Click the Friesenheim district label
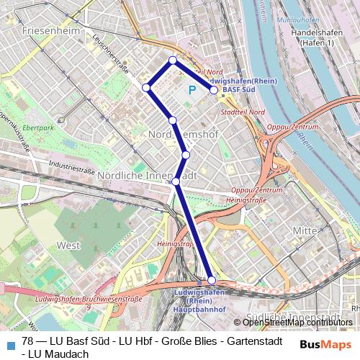click(51, 31)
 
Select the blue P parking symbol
click(192, 91)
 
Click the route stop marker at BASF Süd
click(214, 90)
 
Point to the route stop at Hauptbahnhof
click(212, 280)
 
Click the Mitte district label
click(305, 230)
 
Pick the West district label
click(68, 246)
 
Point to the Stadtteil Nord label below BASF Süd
click(243, 112)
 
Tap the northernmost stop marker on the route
click(173, 60)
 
